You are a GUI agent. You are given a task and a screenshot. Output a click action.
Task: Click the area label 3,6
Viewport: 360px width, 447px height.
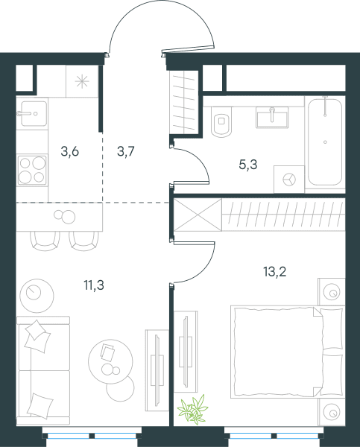coord(69,152)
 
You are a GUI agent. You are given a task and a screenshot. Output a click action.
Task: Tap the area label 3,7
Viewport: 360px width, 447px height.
coord(125,152)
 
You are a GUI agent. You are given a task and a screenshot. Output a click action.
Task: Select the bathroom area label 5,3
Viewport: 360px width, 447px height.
coord(248,165)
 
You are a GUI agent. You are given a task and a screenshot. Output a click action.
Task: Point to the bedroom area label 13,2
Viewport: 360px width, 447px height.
coord(275,272)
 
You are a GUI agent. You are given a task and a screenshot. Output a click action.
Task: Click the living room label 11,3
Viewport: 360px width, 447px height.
coord(94,285)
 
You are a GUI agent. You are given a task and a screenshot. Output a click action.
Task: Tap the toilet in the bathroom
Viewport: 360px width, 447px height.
coord(221,121)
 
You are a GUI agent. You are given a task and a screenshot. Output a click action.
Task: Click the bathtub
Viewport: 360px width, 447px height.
coord(325,142)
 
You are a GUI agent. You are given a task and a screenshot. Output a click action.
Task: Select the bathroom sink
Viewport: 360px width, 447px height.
coord(273,118)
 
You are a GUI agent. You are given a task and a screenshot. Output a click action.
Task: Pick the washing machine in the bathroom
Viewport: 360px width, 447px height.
coord(289,180)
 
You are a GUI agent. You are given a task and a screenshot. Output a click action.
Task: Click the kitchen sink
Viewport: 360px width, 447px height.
coord(34,113)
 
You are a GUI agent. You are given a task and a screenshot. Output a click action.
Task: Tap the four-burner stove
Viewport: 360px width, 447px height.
coord(32,170)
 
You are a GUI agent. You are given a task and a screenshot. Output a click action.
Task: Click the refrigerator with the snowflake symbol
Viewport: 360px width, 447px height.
coord(82,81)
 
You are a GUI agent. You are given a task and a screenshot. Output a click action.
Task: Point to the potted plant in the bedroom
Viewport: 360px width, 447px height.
coord(192,408)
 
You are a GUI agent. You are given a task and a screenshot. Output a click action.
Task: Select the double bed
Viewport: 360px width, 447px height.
coord(288,352)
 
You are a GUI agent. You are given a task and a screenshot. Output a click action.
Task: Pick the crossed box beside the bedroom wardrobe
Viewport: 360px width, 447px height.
coord(198,215)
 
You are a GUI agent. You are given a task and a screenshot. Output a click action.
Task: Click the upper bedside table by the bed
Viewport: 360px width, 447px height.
coord(332,292)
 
